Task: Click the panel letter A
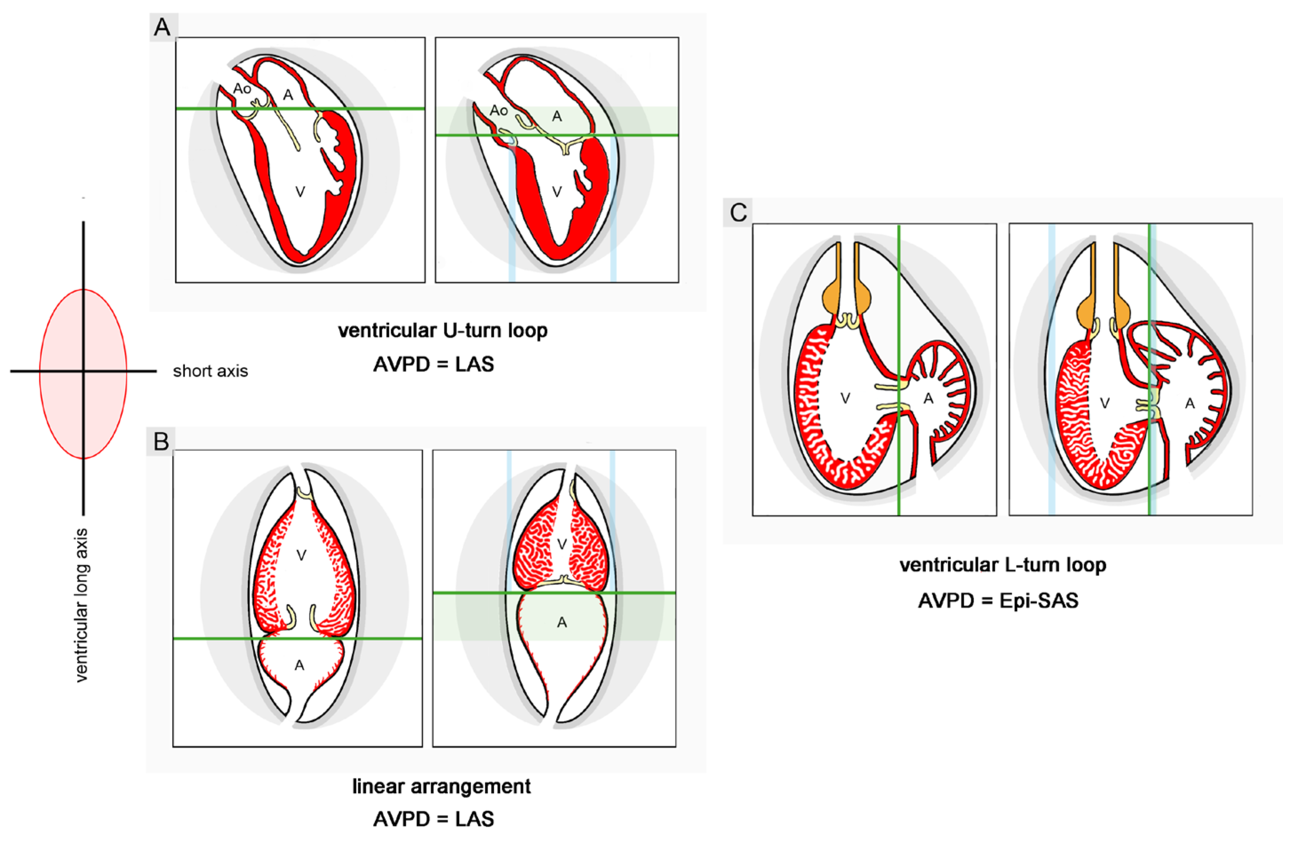click(x=162, y=27)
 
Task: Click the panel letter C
click(x=738, y=212)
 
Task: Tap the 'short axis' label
click(x=210, y=371)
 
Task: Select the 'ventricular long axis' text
click(x=81, y=605)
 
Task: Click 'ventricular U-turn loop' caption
click(x=443, y=331)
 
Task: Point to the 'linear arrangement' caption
click(x=441, y=786)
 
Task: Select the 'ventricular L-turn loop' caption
click(x=1003, y=565)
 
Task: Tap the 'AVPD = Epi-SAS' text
click(x=998, y=600)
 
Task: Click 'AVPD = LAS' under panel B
click(x=433, y=819)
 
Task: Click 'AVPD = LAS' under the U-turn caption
click(x=433, y=364)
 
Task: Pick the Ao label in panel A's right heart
click(x=498, y=111)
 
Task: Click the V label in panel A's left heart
click(x=300, y=191)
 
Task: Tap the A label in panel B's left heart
click(x=299, y=665)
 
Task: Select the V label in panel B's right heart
click(x=562, y=544)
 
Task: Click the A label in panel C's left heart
click(x=928, y=399)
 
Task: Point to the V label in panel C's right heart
click(x=1104, y=403)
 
